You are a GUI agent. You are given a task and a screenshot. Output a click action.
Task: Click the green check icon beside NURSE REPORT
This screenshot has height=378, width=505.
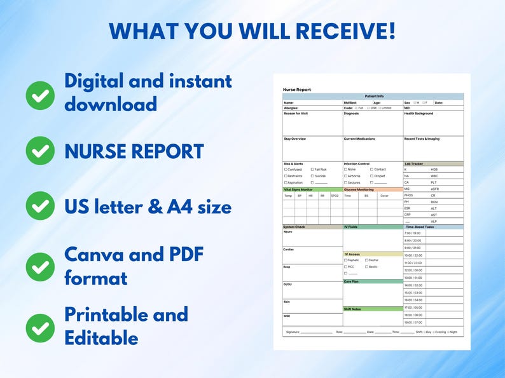pos(40,151)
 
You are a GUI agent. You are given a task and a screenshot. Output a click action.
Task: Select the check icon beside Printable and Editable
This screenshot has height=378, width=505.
pos(40,327)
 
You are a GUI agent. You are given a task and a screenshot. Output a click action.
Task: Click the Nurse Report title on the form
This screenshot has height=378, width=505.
pos(297,90)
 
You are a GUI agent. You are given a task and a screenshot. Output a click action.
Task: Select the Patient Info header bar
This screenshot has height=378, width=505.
pos(373,96)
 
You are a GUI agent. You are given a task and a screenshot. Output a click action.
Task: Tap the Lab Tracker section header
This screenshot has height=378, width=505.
pos(413,164)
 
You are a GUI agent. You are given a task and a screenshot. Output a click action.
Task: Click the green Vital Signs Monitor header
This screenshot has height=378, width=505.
pos(298,189)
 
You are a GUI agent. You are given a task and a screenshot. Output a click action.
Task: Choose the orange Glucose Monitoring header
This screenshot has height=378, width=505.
pos(359,189)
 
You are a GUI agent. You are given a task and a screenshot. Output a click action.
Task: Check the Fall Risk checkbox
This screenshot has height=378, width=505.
pos(312,170)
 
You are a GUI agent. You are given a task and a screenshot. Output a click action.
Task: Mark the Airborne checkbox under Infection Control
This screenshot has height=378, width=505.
pos(346,176)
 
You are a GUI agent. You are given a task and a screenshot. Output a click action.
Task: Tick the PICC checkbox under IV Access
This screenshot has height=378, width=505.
pos(346,267)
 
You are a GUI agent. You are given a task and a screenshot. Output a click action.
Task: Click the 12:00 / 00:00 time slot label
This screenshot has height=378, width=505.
pos(413,270)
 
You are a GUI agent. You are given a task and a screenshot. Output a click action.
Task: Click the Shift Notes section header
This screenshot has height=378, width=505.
pos(352,309)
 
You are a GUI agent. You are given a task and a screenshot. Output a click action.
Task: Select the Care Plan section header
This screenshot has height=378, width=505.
pos(352,281)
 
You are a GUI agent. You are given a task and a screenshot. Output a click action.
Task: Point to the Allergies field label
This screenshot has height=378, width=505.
pos(291,108)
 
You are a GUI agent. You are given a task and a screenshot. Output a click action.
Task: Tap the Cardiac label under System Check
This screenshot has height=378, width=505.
pos(289,250)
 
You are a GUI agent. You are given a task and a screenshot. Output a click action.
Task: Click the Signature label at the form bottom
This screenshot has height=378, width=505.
pos(293,332)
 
